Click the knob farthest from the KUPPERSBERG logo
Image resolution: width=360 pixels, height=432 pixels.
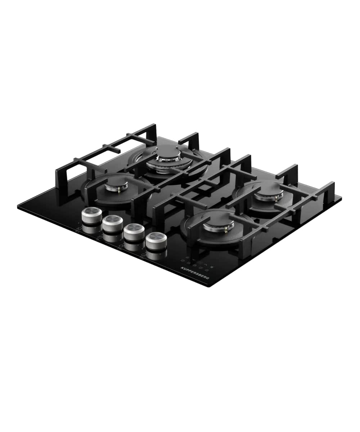(x=92, y=215)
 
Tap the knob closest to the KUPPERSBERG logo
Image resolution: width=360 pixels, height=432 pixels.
(x=156, y=240)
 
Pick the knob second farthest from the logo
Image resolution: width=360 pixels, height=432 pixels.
(x=113, y=224)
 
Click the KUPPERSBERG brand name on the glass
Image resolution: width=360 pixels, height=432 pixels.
(x=195, y=273)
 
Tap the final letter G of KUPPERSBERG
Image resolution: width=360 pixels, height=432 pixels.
(x=208, y=278)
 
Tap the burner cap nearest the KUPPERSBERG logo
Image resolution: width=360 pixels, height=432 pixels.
(x=218, y=225)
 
